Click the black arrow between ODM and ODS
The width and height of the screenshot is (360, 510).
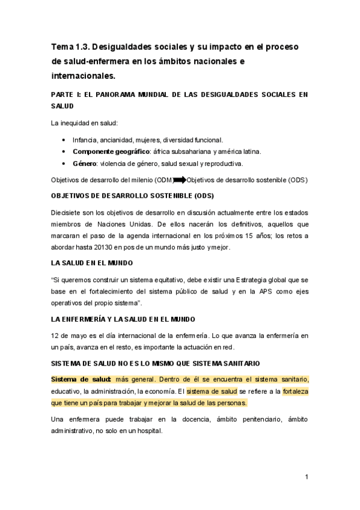[180, 180]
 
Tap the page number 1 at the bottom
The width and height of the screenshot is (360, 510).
[306, 477]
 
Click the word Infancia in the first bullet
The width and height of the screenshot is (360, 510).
[86, 140]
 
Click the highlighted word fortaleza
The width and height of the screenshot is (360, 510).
[295, 391]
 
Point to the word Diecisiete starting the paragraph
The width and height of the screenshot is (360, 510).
[68, 212]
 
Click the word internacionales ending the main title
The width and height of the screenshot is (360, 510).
[83, 76]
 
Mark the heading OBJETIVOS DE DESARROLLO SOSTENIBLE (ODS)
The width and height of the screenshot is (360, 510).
[132, 195]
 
